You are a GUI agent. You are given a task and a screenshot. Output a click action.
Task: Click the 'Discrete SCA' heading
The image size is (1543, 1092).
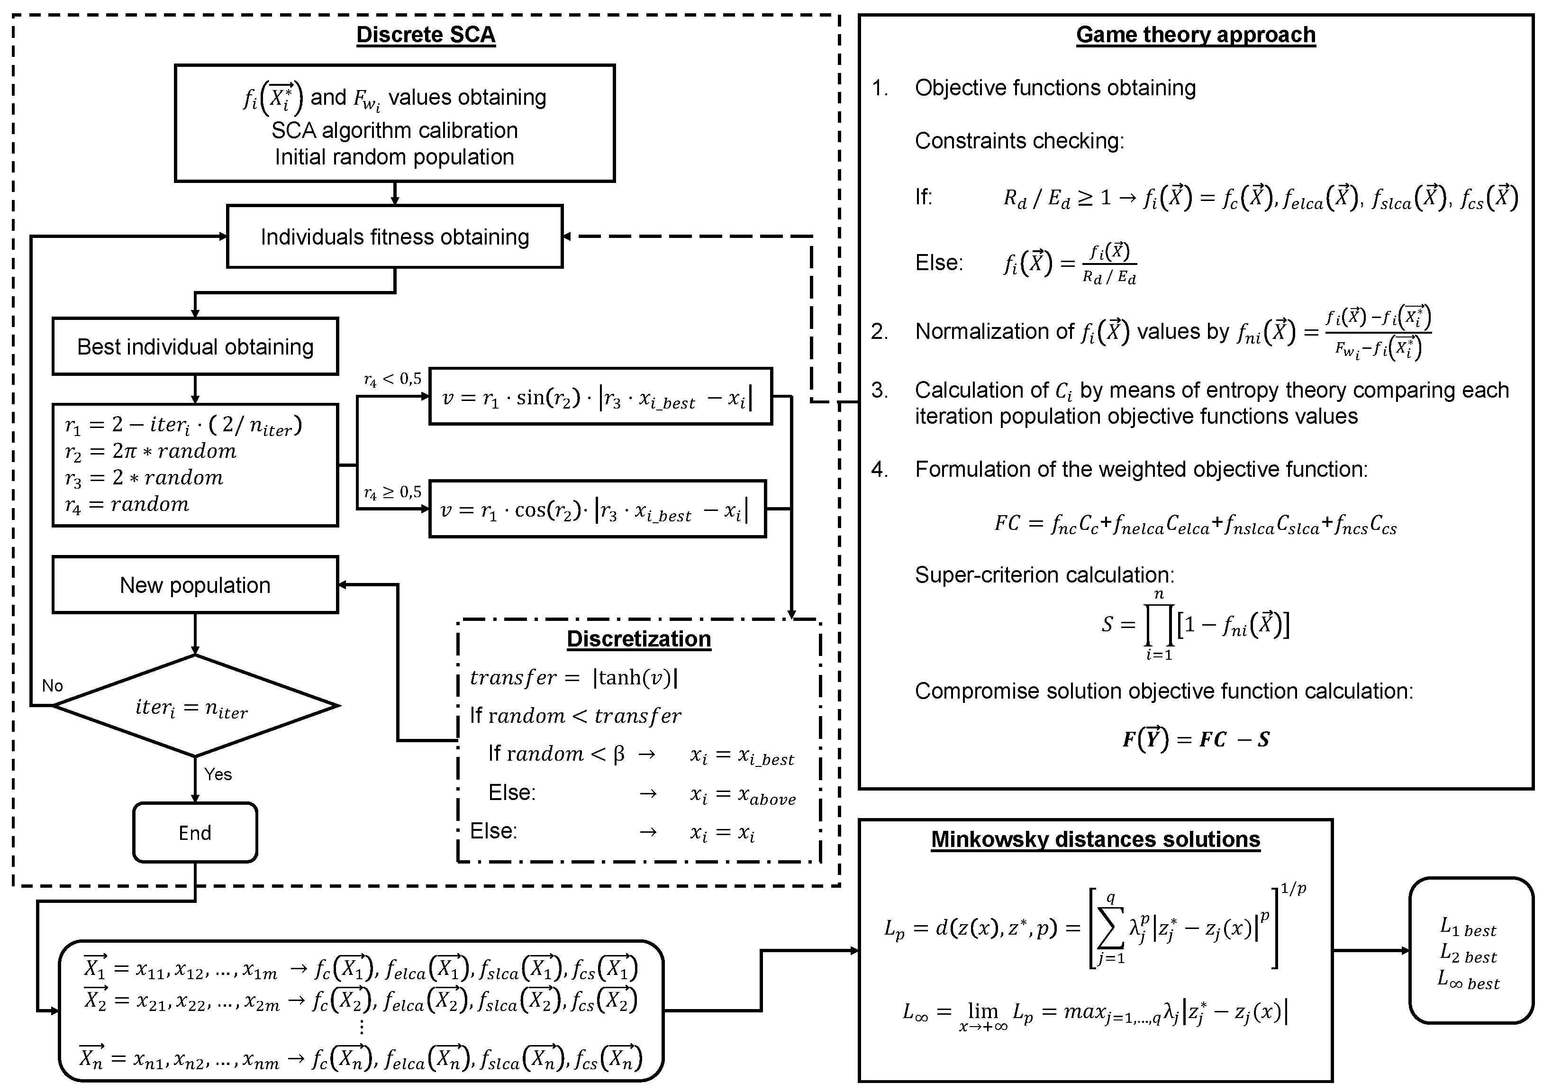pyautogui.click(x=425, y=35)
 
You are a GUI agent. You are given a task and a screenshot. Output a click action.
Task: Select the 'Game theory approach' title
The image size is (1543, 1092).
pyautogui.click(x=1196, y=35)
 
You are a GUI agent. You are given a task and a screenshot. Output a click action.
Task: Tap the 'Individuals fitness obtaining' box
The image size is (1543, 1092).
pyautogui.click(x=395, y=237)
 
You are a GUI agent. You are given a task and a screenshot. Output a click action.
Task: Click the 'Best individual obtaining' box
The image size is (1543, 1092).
pyautogui.click(x=195, y=347)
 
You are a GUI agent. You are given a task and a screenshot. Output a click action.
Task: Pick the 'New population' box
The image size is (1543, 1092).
pyautogui.click(x=195, y=585)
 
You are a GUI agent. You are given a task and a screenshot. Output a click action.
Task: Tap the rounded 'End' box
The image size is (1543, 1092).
pyautogui.click(x=195, y=832)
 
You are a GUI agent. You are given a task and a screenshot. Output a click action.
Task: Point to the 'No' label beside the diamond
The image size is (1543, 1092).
pyautogui.click(x=53, y=686)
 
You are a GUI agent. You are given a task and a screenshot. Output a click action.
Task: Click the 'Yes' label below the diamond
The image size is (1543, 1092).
pyautogui.click(x=218, y=774)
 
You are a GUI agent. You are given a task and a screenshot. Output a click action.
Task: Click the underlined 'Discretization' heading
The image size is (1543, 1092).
pyautogui.click(x=639, y=639)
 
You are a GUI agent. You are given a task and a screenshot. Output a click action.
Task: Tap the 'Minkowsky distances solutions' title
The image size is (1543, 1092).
pyautogui.click(x=1095, y=839)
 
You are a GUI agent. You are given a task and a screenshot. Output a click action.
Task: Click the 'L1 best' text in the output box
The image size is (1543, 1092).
pyautogui.click(x=1468, y=928)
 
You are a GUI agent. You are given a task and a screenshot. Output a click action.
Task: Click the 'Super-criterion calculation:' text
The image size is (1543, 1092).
pyautogui.click(x=1044, y=575)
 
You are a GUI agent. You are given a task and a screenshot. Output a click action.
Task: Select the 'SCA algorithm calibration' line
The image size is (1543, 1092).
pyautogui.click(x=395, y=130)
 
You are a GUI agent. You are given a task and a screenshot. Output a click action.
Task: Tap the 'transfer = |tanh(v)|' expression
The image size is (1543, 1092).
pyautogui.click(x=573, y=677)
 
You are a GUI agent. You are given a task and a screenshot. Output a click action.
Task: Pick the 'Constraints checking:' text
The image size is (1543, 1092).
pyautogui.click(x=1019, y=141)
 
